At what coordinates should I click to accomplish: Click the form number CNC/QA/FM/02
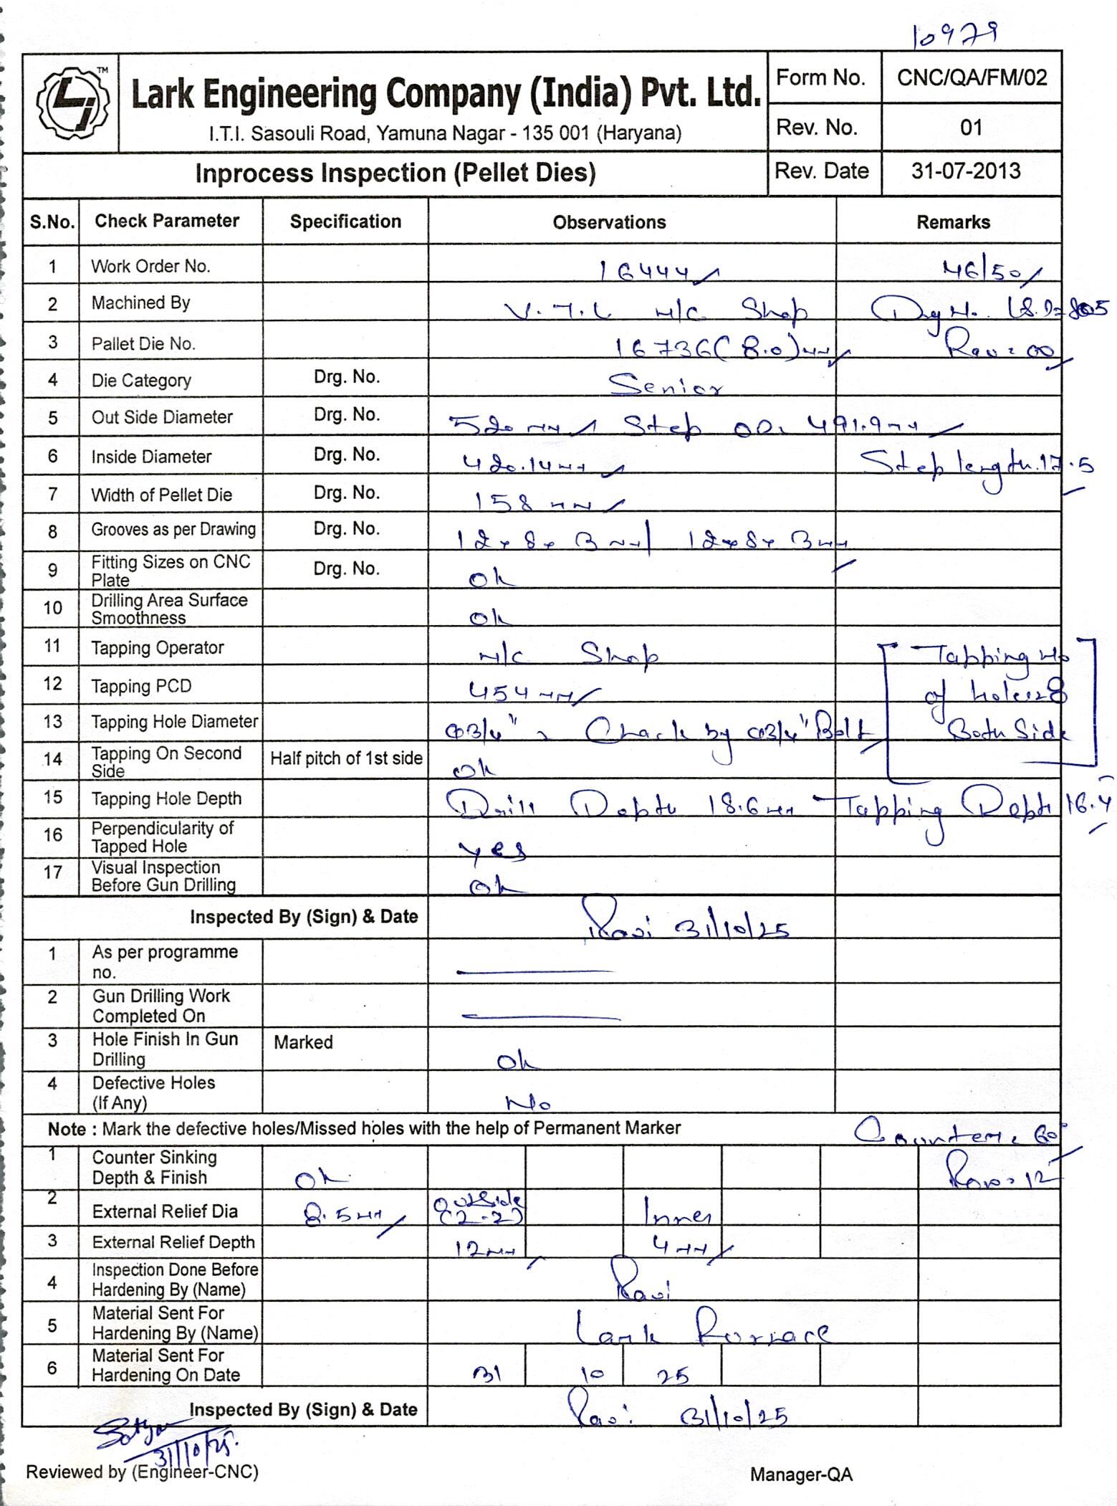tap(972, 77)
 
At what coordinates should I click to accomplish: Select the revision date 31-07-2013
tap(965, 171)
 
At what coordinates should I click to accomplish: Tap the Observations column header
tap(609, 222)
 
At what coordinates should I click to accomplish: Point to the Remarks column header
tap(953, 222)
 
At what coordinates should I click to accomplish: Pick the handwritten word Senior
tap(665, 386)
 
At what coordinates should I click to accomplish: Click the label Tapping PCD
tap(141, 686)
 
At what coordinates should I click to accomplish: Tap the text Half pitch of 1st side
tap(346, 758)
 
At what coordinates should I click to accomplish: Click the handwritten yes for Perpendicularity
tap(493, 849)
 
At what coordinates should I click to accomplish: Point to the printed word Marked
tap(303, 1042)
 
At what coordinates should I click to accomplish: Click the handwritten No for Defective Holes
tap(528, 1102)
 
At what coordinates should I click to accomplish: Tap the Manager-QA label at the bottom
tap(801, 1474)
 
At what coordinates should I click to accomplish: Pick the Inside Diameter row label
tap(151, 457)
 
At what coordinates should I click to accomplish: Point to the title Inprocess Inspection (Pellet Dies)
tap(395, 173)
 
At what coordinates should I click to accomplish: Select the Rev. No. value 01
tap(971, 128)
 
